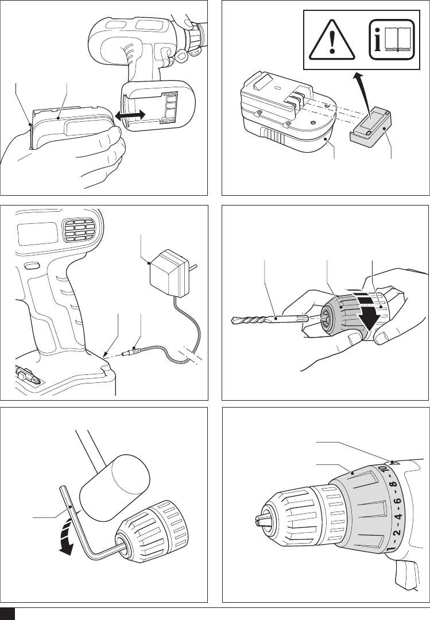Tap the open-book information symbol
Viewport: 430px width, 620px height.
[x=392, y=39]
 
